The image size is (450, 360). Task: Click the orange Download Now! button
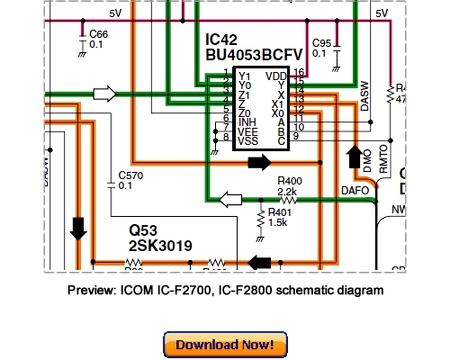click(x=225, y=345)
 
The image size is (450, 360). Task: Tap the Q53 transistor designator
click(x=143, y=230)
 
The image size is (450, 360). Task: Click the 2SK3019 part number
click(x=161, y=246)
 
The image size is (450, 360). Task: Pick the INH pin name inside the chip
click(x=247, y=121)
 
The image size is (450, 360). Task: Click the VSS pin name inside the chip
click(x=248, y=140)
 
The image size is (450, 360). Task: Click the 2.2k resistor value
click(x=287, y=193)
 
